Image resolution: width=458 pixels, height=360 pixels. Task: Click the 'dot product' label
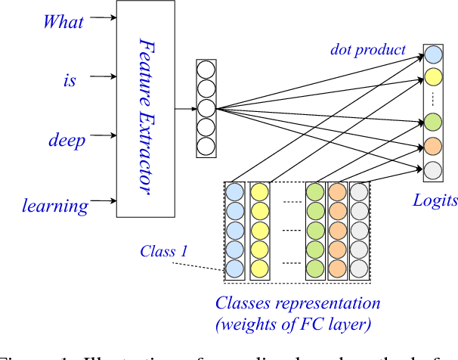367,50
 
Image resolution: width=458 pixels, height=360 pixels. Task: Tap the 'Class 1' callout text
164,250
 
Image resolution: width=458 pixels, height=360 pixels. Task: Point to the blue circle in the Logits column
433,54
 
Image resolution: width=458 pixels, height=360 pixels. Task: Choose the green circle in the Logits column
433,120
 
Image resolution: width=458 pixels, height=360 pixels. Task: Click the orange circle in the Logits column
433,145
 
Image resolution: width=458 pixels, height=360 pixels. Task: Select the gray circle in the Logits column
433,170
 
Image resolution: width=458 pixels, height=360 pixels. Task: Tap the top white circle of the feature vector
206,69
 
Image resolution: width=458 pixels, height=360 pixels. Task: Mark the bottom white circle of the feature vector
206,145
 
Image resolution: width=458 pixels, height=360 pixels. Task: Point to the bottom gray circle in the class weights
359,268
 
